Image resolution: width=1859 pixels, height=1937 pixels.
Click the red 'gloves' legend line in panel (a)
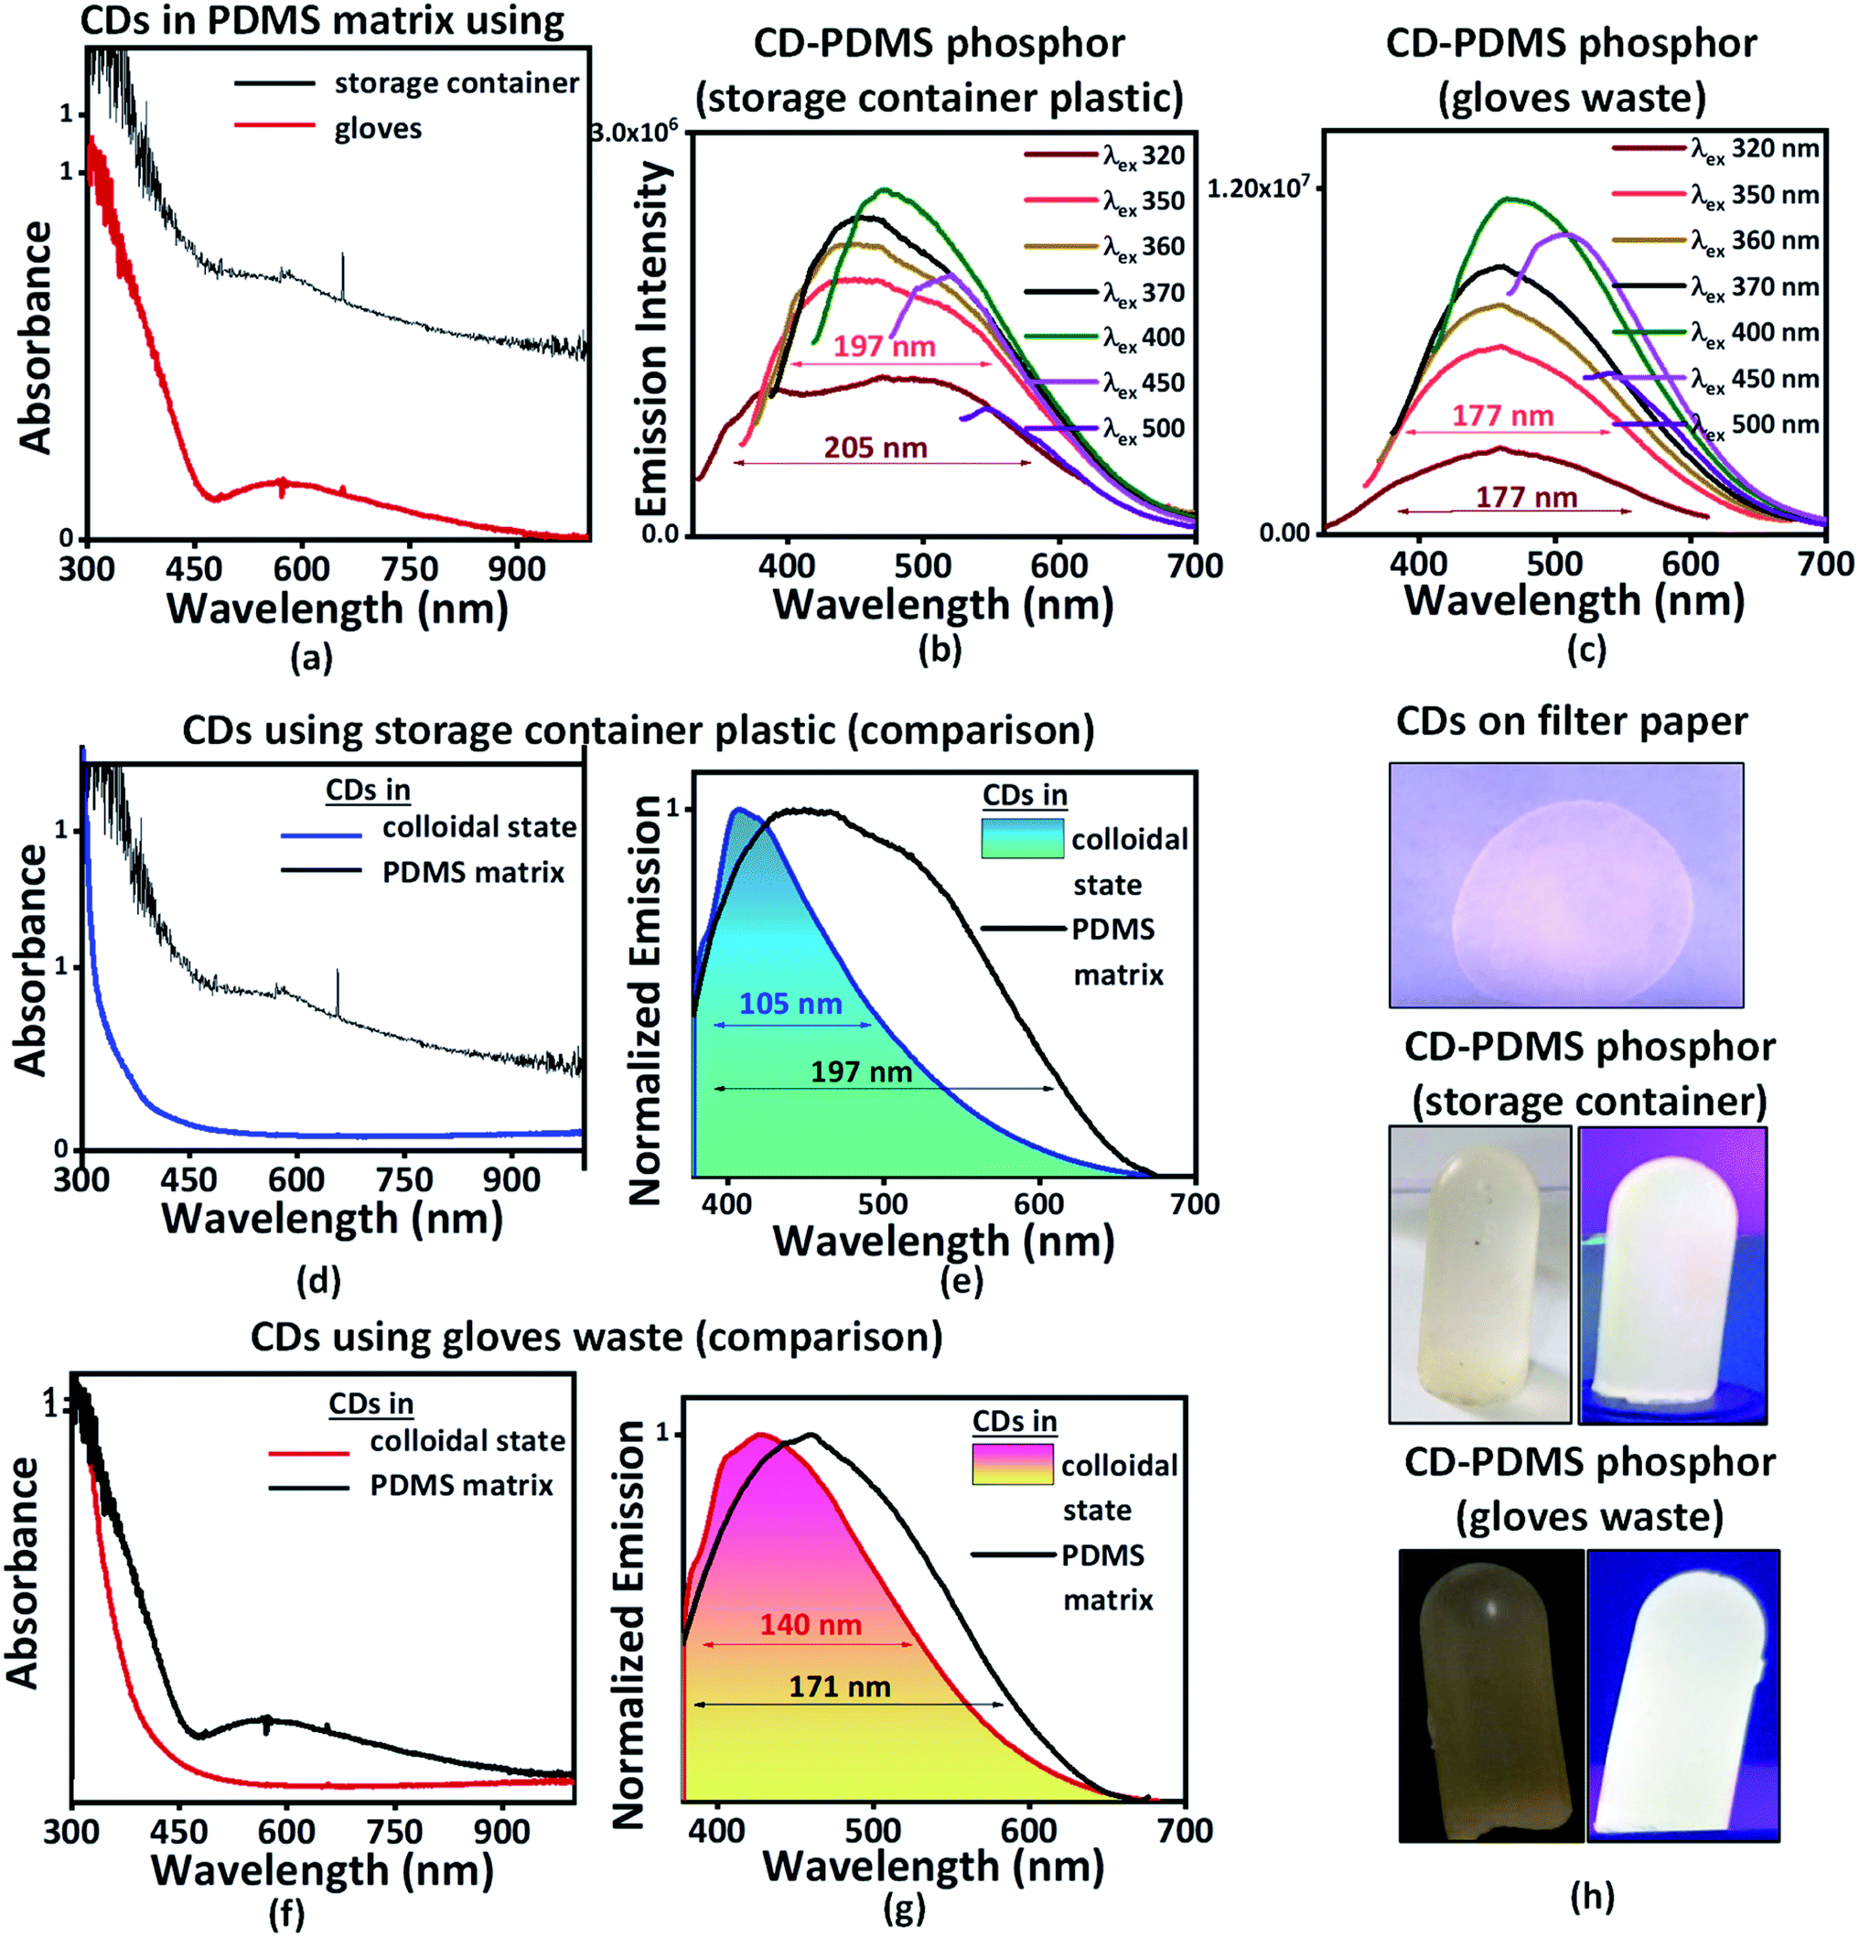[274, 125]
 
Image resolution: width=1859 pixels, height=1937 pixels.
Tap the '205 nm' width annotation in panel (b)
[876, 447]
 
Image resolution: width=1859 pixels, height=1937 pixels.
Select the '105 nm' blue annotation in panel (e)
[790, 1003]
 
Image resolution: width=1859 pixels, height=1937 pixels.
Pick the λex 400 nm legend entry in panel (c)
[1715, 333]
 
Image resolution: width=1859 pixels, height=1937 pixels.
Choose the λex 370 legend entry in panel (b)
[1105, 294]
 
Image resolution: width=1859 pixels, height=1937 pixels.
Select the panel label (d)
[317, 1281]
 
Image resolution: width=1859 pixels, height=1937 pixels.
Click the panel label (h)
[1592, 1895]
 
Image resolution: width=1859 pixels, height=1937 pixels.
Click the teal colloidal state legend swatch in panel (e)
[1022, 837]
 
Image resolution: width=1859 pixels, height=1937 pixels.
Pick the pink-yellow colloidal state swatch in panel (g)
[1012, 1464]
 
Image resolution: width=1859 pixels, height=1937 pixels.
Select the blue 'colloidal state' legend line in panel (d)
[321, 835]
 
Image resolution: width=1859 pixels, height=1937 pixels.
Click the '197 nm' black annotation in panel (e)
[861, 1071]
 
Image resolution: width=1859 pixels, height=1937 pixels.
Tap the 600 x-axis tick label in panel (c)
[1690, 565]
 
